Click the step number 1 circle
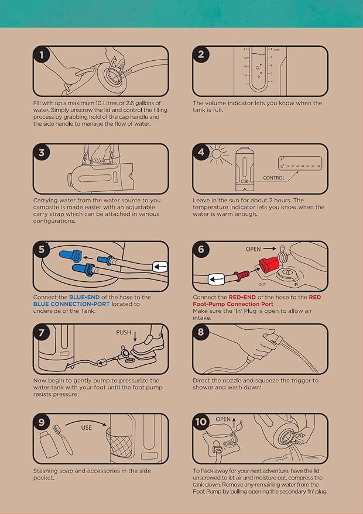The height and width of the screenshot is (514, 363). click(x=42, y=55)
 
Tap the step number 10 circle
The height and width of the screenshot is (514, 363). click(x=201, y=422)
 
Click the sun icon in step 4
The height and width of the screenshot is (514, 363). click(x=217, y=153)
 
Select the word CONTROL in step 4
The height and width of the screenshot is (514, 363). click(x=274, y=178)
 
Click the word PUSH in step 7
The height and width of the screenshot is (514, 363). click(x=124, y=332)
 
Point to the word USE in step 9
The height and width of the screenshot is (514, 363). click(x=86, y=427)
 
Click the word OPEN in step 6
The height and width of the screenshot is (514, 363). click(x=254, y=249)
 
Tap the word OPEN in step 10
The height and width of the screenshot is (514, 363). click(x=223, y=419)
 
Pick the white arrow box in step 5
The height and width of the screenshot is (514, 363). click(x=160, y=267)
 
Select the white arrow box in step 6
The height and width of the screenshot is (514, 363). click(x=216, y=280)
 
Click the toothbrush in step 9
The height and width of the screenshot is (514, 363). click(x=63, y=440)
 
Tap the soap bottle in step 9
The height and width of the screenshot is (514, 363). click(x=49, y=444)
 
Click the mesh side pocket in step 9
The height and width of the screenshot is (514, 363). click(x=119, y=443)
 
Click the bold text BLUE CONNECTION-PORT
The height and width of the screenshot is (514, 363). click(x=71, y=304)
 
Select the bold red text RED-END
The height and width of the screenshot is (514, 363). click(x=242, y=297)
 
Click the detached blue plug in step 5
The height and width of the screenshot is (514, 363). click(x=71, y=256)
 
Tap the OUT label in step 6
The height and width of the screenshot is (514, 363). click(x=262, y=284)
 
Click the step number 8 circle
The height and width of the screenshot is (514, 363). click(x=201, y=333)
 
